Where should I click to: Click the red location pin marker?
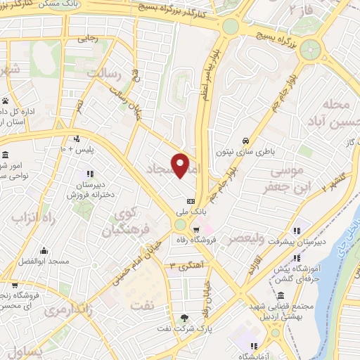click(181, 166)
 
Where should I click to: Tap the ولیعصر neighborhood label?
click(260, 239)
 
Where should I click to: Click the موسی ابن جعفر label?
click(285, 179)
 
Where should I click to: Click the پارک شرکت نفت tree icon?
click(185, 317)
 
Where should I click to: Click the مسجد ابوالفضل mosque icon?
click(44, 251)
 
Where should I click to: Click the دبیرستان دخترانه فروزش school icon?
click(89, 173)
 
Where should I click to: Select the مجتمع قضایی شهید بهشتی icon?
click(281, 296)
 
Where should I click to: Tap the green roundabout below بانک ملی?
click(181, 225)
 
